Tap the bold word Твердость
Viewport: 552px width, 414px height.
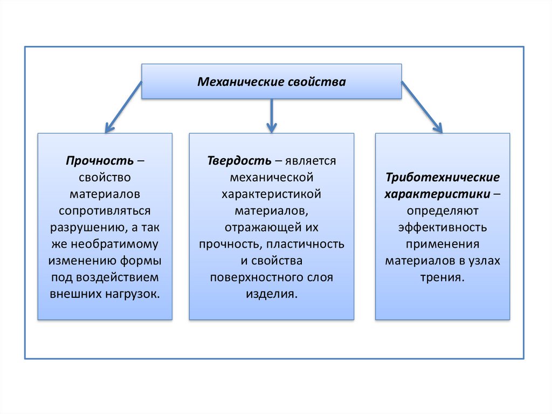[239, 161]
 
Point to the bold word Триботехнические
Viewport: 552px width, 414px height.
[443, 178]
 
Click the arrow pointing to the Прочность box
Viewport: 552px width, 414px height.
[123, 107]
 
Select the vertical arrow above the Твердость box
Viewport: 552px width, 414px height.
[271, 116]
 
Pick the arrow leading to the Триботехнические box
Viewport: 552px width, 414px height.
[422, 107]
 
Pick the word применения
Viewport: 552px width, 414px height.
[443, 245]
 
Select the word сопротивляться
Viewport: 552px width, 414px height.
[105, 211]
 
